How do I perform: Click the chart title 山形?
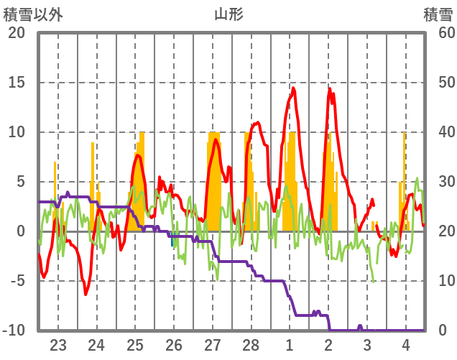pos(228,14)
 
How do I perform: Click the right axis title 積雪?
pos(438,14)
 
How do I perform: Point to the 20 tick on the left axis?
pos(17,33)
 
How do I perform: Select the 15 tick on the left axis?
pos(17,83)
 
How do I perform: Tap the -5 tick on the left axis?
pos(17,281)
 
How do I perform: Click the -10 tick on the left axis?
pos(14,331)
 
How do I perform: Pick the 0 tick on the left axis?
pos(21,231)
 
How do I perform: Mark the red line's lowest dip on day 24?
pos(86,294)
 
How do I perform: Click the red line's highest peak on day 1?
pos(293,88)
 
